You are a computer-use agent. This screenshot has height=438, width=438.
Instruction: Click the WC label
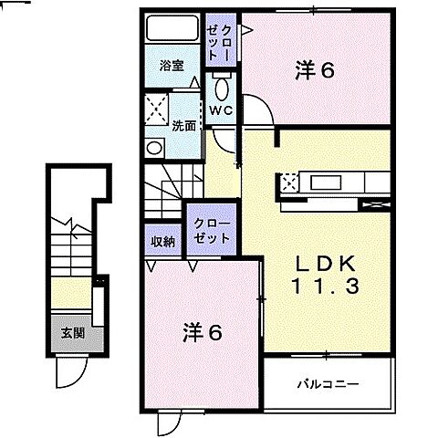[x=220, y=111]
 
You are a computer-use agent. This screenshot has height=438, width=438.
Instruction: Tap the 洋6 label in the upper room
[x=312, y=69]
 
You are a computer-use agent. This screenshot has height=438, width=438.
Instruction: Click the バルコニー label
[x=326, y=383]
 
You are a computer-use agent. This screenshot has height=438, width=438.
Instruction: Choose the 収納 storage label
[x=163, y=241]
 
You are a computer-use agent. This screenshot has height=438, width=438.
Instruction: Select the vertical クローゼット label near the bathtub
[x=218, y=36]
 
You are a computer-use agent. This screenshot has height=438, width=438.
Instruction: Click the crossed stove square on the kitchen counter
[x=290, y=182]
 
